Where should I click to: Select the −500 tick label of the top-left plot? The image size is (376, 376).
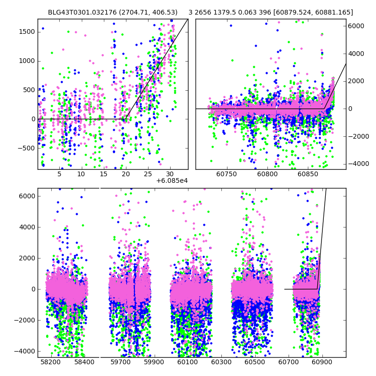(26, 148)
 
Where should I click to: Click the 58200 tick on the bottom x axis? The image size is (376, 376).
(51, 363)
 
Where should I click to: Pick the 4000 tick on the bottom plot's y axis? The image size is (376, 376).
(27, 227)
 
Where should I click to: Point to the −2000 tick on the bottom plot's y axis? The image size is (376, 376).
(25, 320)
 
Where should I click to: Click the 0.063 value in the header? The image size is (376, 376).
(255, 13)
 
